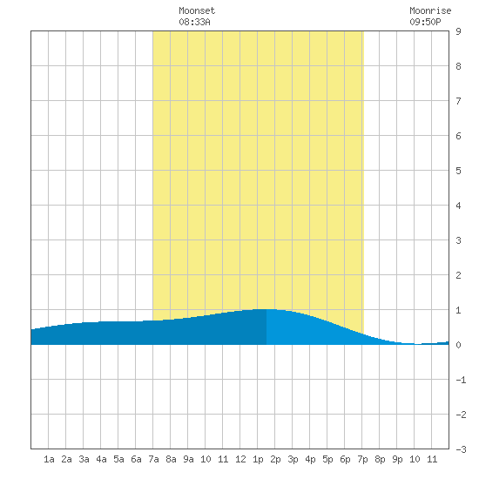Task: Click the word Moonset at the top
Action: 197,10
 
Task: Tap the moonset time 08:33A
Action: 194,22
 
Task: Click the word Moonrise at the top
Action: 430,10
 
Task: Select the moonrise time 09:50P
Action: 425,22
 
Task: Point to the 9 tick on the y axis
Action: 458,31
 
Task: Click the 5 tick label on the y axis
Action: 458,171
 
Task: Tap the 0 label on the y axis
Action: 458,345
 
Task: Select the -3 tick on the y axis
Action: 461,449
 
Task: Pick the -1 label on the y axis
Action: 461,380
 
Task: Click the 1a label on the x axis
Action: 49,459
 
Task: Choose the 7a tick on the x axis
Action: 153,459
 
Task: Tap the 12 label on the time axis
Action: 240,459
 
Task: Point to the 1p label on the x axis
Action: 258,459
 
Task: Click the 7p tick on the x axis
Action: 362,459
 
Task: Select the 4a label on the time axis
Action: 101,459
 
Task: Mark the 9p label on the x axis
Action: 397,459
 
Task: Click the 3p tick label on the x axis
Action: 293,459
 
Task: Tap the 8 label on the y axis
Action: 458,66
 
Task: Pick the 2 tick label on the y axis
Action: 458,275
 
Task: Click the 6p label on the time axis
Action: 345,459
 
